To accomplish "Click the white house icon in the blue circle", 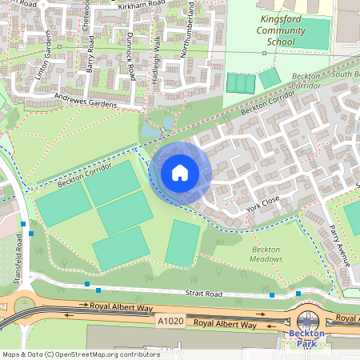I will click(x=179, y=173).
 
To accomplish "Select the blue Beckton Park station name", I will click(x=307, y=338).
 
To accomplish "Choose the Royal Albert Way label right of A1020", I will click(x=226, y=326).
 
